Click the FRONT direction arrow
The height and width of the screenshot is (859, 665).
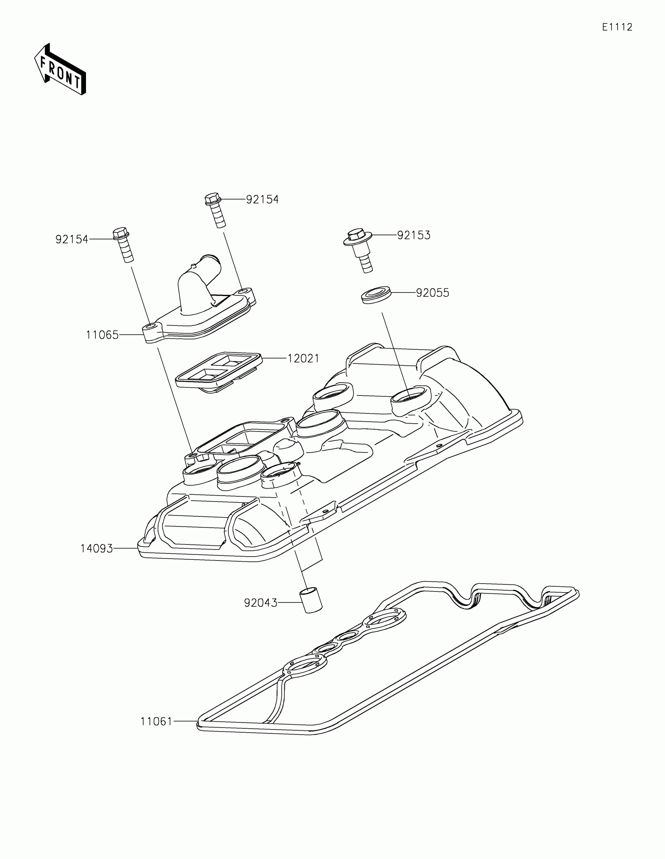pos(60,70)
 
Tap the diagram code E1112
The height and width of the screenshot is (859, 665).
pos(617,27)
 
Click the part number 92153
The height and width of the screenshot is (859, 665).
pos(414,235)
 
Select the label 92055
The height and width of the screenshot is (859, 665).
pos(433,293)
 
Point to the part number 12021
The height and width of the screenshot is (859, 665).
pos(303,358)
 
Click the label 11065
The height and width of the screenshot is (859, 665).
pos(102,335)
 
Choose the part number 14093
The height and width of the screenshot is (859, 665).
pos(96,548)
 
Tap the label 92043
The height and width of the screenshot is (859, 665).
pos(261,603)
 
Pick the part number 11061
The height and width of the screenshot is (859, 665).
pos(156,722)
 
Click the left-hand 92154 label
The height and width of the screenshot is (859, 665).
pos(72,239)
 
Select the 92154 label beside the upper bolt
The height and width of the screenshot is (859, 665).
pos(262,200)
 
